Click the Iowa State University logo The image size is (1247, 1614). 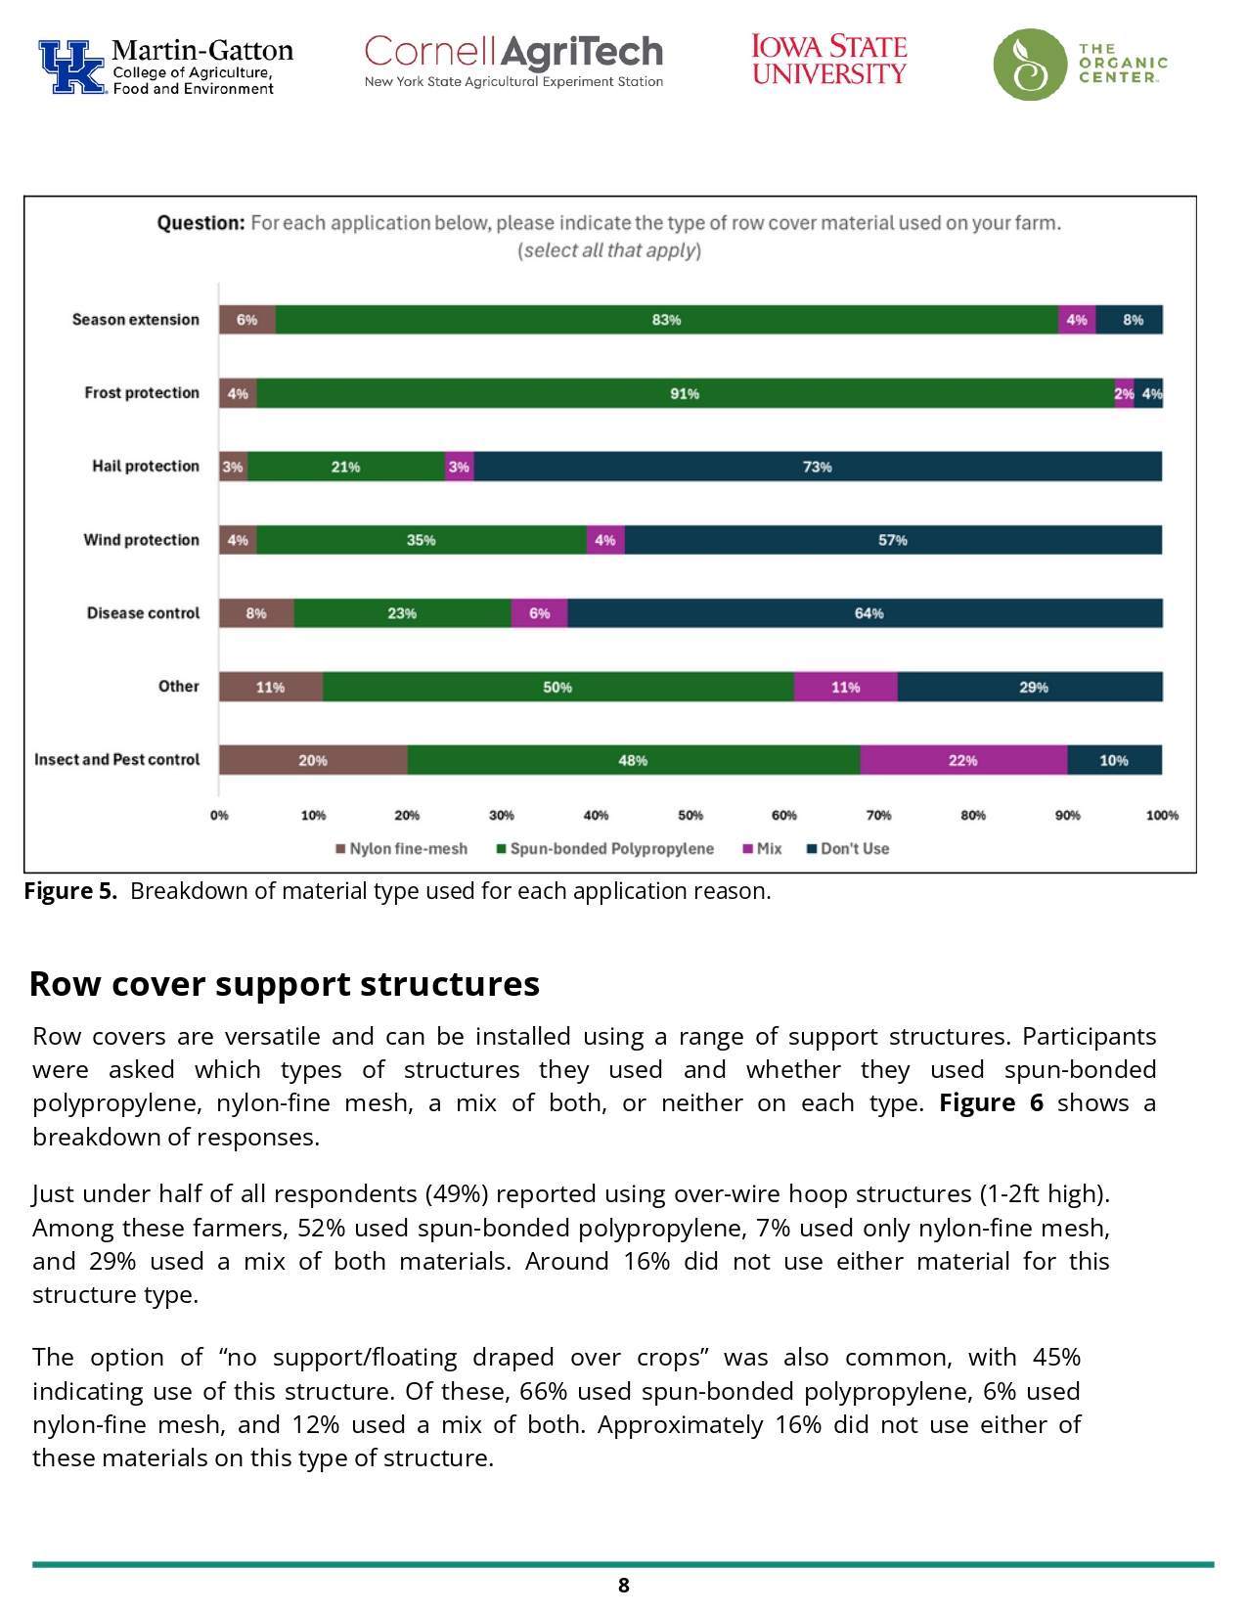[x=828, y=61]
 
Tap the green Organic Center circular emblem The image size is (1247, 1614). [x=1029, y=65]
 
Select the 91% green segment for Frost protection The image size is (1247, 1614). [x=685, y=393]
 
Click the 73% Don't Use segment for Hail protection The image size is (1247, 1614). [x=818, y=467]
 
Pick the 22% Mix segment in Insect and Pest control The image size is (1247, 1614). [x=963, y=760]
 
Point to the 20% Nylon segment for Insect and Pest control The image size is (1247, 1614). [x=313, y=760]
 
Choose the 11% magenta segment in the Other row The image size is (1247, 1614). [x=845, y=687]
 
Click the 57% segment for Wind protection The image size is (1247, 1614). [x=892, y=540]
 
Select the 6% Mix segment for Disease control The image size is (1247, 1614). [x=539, y=613]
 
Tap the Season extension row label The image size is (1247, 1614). [x=135, y=320]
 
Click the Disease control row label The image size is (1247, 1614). [x=143, y=613]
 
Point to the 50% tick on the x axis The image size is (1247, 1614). [x=690, y=815]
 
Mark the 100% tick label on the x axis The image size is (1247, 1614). [x=1162, y=815]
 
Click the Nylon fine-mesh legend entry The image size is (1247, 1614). [x=402, y=849]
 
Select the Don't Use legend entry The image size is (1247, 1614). [x=848, y=849]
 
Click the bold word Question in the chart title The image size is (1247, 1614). [x=200, y=223]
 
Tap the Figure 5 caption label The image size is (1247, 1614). [x=70, y=891]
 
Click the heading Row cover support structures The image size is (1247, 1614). [x=285, y=984]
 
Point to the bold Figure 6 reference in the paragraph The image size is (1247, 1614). [x=991, y=1103]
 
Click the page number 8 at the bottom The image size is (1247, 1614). [x=624, y=1586]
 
